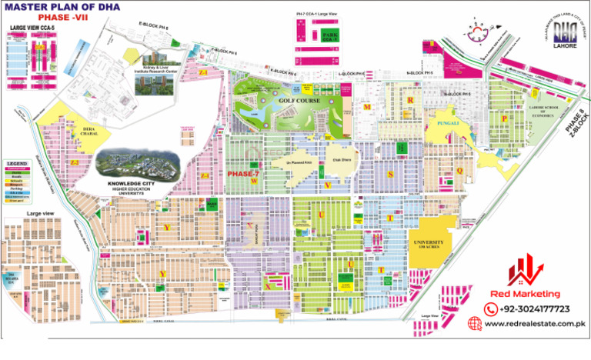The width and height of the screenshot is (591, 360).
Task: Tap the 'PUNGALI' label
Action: coord(445,122)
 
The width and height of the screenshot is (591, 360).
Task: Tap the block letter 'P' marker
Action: coord(504,119)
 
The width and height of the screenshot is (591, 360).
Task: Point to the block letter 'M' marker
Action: coord(368,106)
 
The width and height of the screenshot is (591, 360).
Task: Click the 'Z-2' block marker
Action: coord(75,163)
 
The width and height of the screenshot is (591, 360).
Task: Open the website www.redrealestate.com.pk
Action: coord(537,325)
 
